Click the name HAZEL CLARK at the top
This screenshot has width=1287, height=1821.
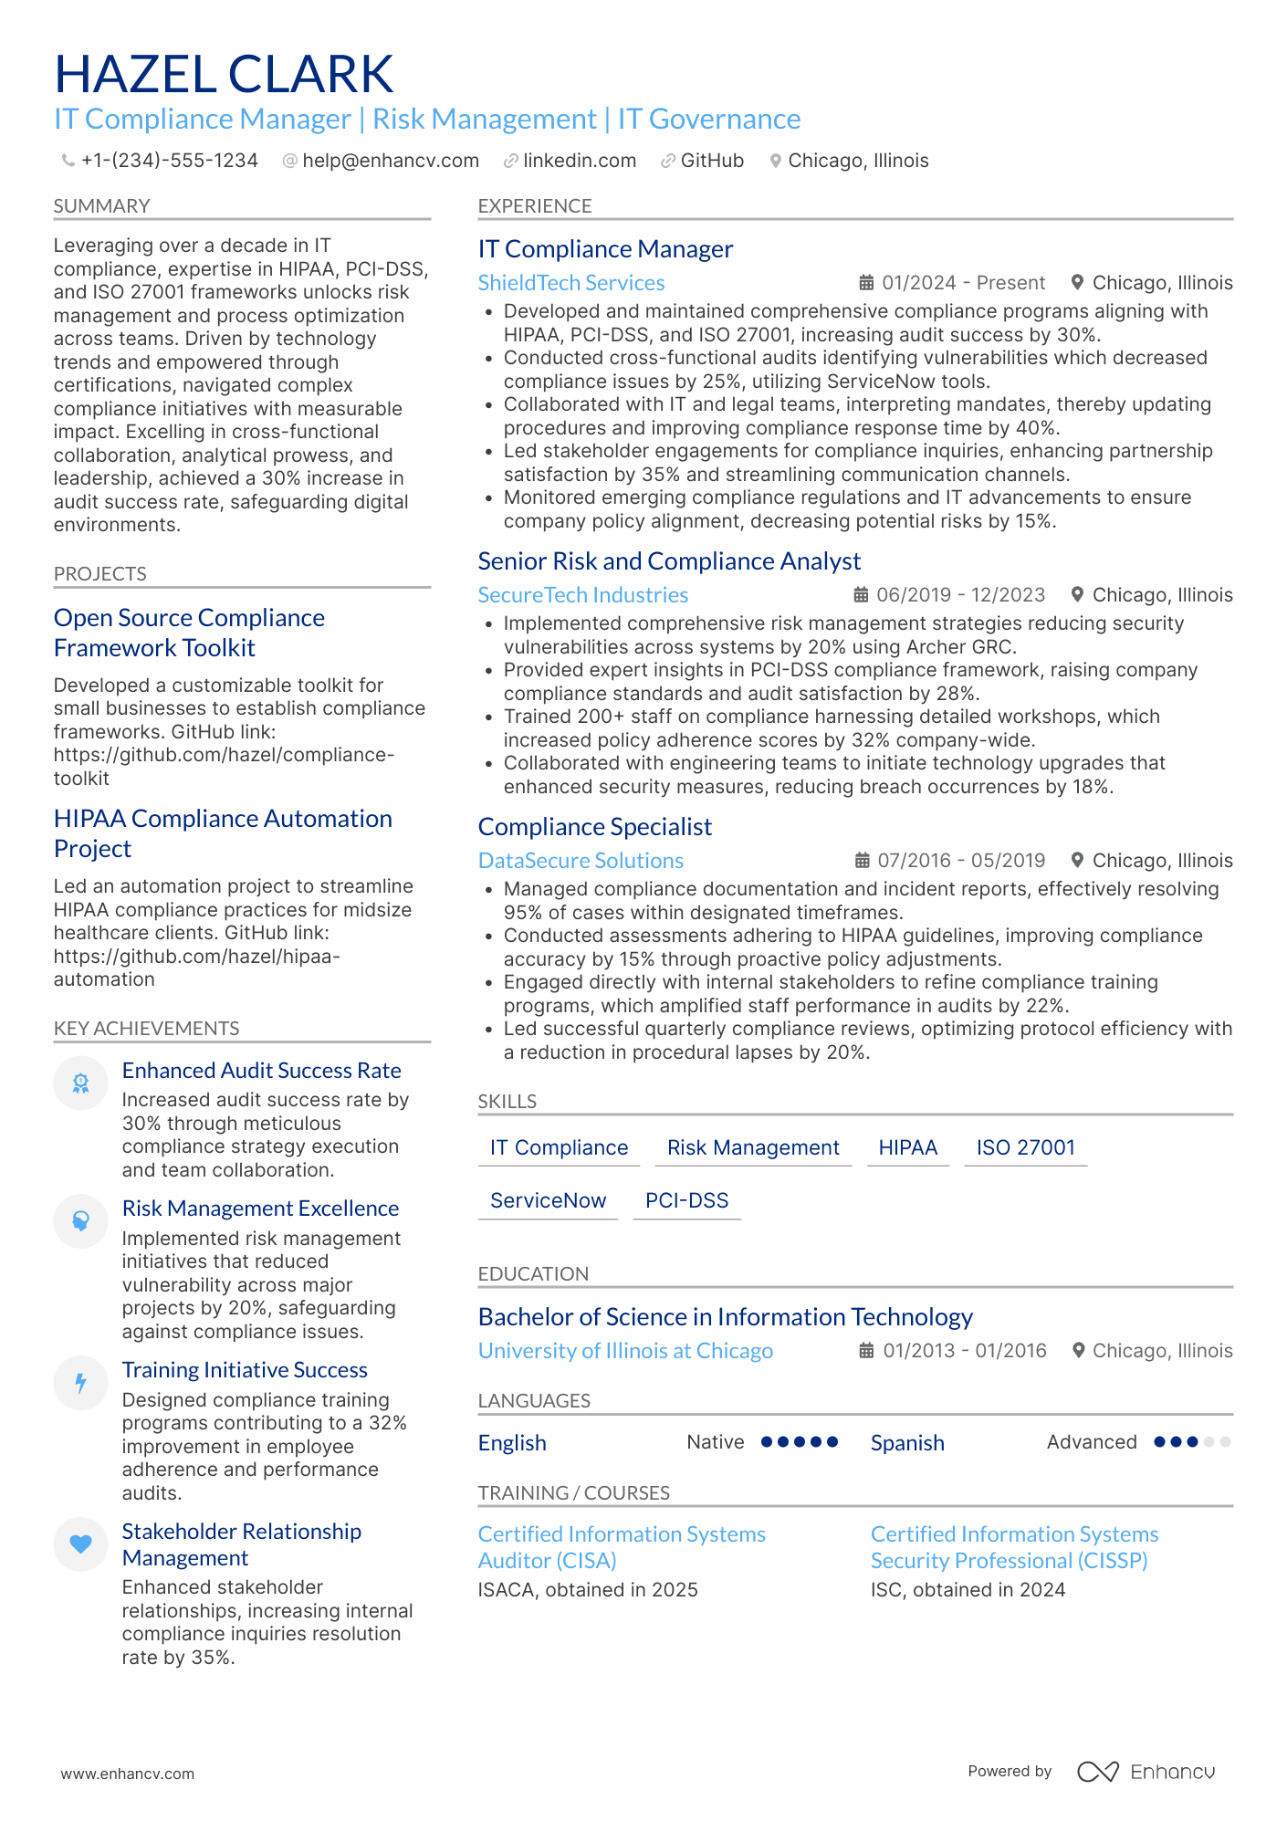tap(224, 74)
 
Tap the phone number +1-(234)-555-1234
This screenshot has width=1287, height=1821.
tap(169, 161)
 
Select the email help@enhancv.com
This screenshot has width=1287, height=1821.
tap(390, 161)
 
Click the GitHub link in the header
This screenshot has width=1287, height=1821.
tap(711, 161)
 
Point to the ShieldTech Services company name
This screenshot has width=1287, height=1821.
tap(570, 283)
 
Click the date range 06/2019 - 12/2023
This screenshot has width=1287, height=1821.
tap(959, 595)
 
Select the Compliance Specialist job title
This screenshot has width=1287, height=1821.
tap(594, 827)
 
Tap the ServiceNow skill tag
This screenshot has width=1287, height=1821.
tap(548, 1200)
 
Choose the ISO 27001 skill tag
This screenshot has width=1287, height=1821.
tap(1025, 1147)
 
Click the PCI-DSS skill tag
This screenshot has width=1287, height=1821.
tap(686, 1200)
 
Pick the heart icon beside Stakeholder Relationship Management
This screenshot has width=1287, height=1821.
tap(81, 1544)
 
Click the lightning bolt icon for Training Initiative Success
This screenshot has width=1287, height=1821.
tap(81, 1383)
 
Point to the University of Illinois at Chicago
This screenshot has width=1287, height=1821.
tap(625, 1351)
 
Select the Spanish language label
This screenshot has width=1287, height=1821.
tap(906, 1443)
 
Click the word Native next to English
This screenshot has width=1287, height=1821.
tap(715, 1442)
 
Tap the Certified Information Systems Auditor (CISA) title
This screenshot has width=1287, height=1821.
tap(621, 1547)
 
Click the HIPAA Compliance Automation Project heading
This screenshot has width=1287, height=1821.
tap(223, 833)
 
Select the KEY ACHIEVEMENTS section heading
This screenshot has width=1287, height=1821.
tap(146, 1029)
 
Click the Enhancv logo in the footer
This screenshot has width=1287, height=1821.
tap(1146, 1772)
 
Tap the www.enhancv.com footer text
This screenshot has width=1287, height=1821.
tap(128, 1774)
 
